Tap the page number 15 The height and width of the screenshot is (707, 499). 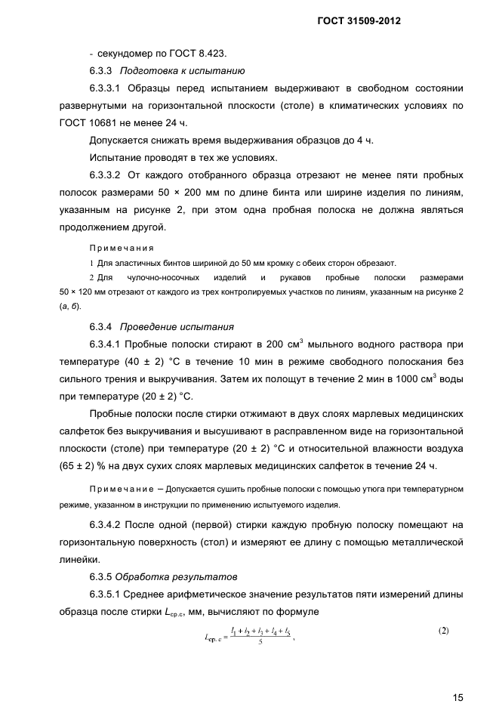457,677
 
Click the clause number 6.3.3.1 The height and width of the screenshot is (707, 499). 111,89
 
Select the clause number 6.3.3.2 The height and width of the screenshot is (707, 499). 111,176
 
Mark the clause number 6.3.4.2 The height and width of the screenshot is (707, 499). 111,524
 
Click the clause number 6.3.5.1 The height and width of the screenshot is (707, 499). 111,594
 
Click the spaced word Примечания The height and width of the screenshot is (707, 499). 122,248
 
